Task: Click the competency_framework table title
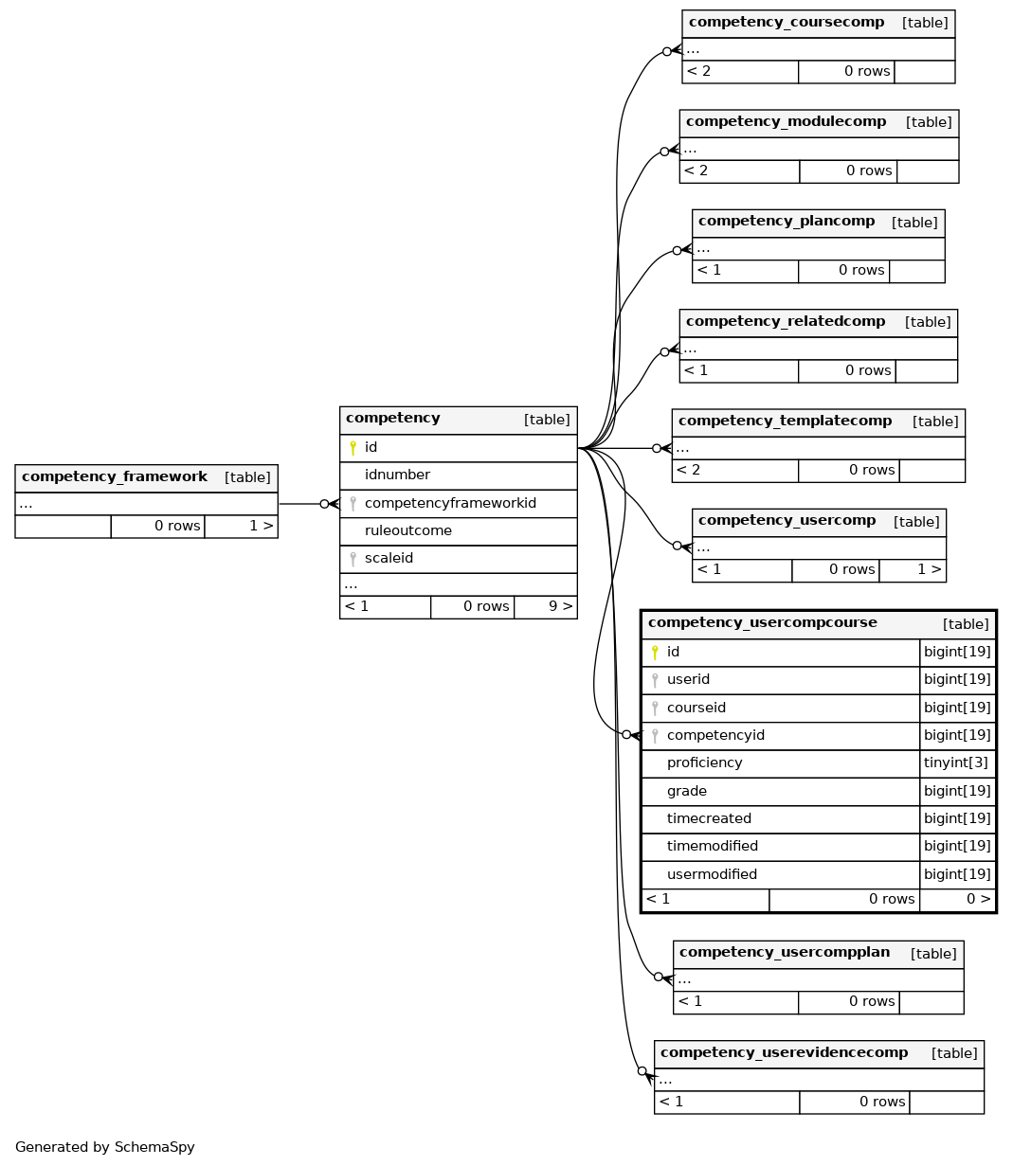(x=114, y=476)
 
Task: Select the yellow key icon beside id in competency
(x=353, y=448)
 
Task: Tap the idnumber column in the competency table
(x=397, y=475)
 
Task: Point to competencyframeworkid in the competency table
(x=450, y=503)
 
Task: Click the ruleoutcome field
(x=408, y=530)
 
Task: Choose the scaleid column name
(x=389, y=558)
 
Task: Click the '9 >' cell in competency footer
(x=546, y=606)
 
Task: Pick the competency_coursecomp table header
(x=787, y=22)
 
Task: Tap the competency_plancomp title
(x=787, y=221)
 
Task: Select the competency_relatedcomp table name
(x=786, y=321)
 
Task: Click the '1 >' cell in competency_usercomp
(x=913, y=570)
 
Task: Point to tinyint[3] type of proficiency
(x=955, y=762)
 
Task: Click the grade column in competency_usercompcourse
(x=686, y=791)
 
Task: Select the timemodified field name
(x=712, y=846)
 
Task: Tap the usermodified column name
(x=712, y=874)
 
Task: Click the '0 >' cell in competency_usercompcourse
(x=958, y=900)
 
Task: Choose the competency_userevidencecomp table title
(x=784, y=1052)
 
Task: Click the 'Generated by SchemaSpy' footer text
(x=105, y=1147)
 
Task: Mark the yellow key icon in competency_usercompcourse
(x=655, y=653)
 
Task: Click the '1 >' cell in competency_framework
(x=241, y=526)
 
